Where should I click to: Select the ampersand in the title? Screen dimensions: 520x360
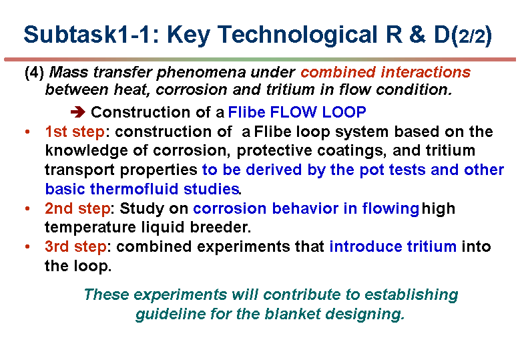pos(417,34)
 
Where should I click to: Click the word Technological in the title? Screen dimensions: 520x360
pos(297,35)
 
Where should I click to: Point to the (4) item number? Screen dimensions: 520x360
pos(34,72)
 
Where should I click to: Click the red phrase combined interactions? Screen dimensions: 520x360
pos(385,72)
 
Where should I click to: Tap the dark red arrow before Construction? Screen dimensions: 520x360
pos(78,112)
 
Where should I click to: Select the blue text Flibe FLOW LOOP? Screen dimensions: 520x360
pos(297,112)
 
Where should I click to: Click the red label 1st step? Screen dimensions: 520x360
pos(75,132)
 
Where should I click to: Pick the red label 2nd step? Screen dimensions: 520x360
pos(77,208)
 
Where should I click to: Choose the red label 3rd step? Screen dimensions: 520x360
pos(76,246)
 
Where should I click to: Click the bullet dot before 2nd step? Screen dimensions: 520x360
pos(27,208)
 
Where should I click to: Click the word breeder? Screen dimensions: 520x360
pos(220,227)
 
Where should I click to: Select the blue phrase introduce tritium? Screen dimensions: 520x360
pos(393,246)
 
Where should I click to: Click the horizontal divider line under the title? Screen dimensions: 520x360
pos(260,59)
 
